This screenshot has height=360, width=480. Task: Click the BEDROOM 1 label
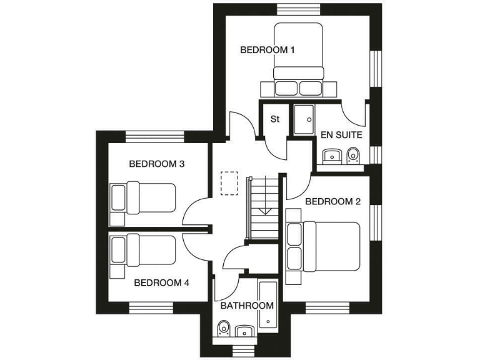click(x=267, y=50)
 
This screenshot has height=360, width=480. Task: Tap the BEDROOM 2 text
click(x=333, y=201)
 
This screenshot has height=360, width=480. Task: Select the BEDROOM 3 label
click(x=156, y=164)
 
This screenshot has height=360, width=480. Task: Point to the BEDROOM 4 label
click(x=162, y=282)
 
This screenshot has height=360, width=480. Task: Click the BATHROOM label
click(x=247, y=306)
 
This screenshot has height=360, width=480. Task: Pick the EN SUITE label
click(x=341, y=135)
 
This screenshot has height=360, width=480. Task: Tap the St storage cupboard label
click(x=274, y=119)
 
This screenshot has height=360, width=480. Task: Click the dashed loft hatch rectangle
click(x=229, y=184)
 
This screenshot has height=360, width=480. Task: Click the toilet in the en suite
click(x=353, y=154)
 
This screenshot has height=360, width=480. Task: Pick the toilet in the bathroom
click(x=224, y=328)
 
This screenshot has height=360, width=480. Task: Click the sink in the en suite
click(x=329, y=155)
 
